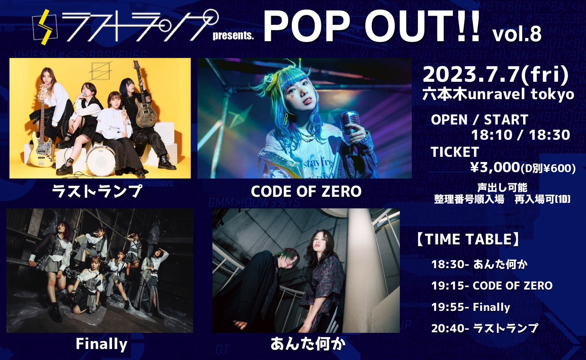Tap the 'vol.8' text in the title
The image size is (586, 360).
click(517, 34)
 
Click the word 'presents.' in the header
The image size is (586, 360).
click(233, 36)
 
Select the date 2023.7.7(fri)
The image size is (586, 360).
click(496, 75)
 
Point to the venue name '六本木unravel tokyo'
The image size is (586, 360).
click(498, 94)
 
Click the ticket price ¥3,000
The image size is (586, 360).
click(495, 167)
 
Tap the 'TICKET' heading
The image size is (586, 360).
click(455, 152)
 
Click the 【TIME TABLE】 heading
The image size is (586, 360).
click(468, 239)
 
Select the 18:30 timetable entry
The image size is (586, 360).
click(479, 265)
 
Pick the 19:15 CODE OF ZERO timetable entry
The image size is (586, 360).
click(492, 286)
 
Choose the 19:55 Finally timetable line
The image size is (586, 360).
click(471, 307)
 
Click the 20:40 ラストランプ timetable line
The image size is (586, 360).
click(485, 328)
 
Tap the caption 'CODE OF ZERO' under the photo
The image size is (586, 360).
click(306, 191)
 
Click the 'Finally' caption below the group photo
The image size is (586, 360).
click(102, 344)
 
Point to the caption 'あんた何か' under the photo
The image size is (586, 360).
click(308, 344)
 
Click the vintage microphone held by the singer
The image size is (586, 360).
click(350, 123)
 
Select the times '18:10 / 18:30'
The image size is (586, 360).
click(521, 135)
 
